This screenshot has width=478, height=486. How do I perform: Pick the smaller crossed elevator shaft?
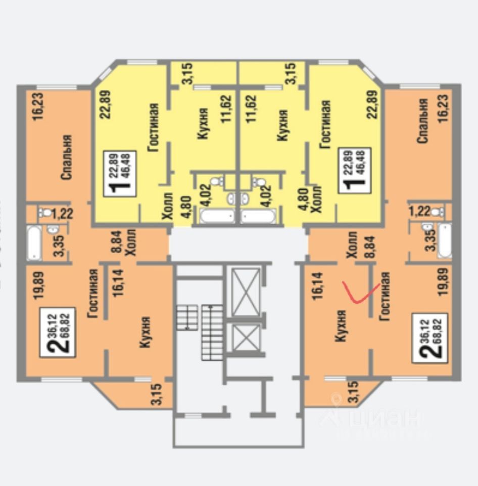[246, 337]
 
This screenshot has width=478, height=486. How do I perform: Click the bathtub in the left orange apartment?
[34, 242]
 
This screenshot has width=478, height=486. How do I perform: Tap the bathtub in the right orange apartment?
[445, 239]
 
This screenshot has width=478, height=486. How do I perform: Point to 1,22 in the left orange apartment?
[63, 214]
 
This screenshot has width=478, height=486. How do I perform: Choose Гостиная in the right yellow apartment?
[324, 124]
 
